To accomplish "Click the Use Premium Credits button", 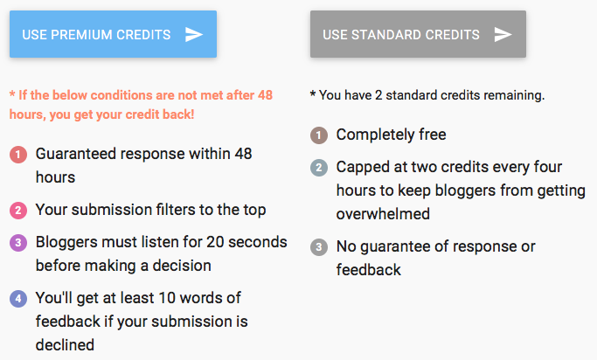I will click(113, 34).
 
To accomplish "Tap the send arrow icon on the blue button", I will click(194, 34).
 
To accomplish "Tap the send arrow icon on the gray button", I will click(503, 34).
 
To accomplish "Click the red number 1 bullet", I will click(18, 155).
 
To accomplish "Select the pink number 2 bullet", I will click(18, 210).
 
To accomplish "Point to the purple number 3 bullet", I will click(18, 244).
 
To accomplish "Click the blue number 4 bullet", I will click(18, 299).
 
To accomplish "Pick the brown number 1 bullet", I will click(319, 135).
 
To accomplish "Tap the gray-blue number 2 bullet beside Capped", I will click(319, 167).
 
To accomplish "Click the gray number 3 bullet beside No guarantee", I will click(319, 246).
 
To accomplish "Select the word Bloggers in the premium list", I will click(66, 243).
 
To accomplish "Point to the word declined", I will click(65, 344).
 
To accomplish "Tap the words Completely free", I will click(391, 135).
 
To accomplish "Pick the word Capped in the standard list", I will click(361, 166).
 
